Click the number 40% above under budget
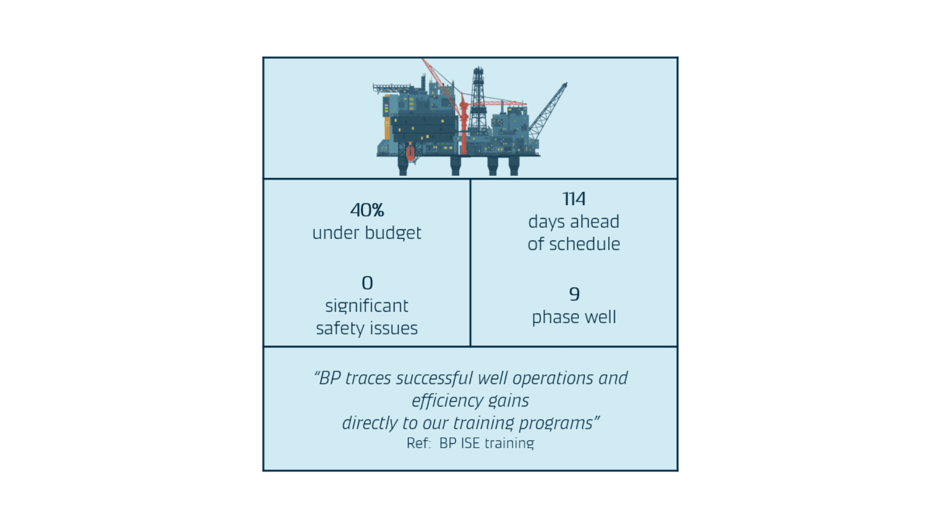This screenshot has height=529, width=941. coord(367,210)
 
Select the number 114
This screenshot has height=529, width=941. coord(573,199)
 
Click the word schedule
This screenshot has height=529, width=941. coord(584,244)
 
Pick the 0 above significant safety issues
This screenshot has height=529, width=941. coord(367,283)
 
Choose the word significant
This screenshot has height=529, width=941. coord(367,306)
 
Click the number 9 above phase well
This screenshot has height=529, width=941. coord(574,294)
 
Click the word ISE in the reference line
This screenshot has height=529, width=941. coord(470,443)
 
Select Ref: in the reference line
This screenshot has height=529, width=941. coord(418,443)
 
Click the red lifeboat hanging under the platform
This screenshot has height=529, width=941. coord(410,152)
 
